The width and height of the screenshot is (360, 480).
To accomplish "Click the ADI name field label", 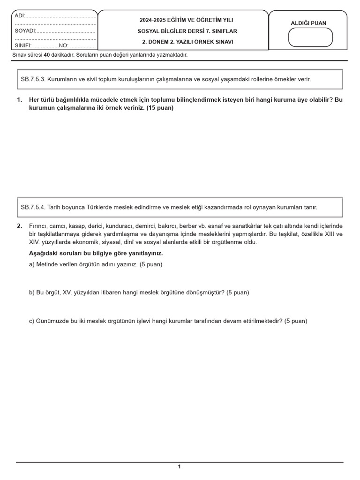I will click(19, 15).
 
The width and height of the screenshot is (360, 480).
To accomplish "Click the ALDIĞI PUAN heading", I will click(308, 23).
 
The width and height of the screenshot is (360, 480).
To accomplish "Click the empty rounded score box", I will click(310, 37).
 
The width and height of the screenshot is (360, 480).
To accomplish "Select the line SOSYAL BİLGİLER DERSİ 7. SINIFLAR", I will click(183, 31).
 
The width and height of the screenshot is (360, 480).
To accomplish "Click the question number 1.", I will click(19, 100).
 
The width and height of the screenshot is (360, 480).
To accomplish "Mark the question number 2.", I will click(19, 226).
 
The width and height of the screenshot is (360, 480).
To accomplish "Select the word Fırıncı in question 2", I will click(39, 226).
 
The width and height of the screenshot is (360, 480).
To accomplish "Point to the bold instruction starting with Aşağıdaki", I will click(96, 253).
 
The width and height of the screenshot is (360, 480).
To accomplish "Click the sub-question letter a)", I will click(32, 264).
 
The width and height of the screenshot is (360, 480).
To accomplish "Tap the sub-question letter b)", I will click(32, 292).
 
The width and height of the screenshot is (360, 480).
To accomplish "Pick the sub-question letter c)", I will click(32, 321).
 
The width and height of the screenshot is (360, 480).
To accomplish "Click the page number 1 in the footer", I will click(179, 466).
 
